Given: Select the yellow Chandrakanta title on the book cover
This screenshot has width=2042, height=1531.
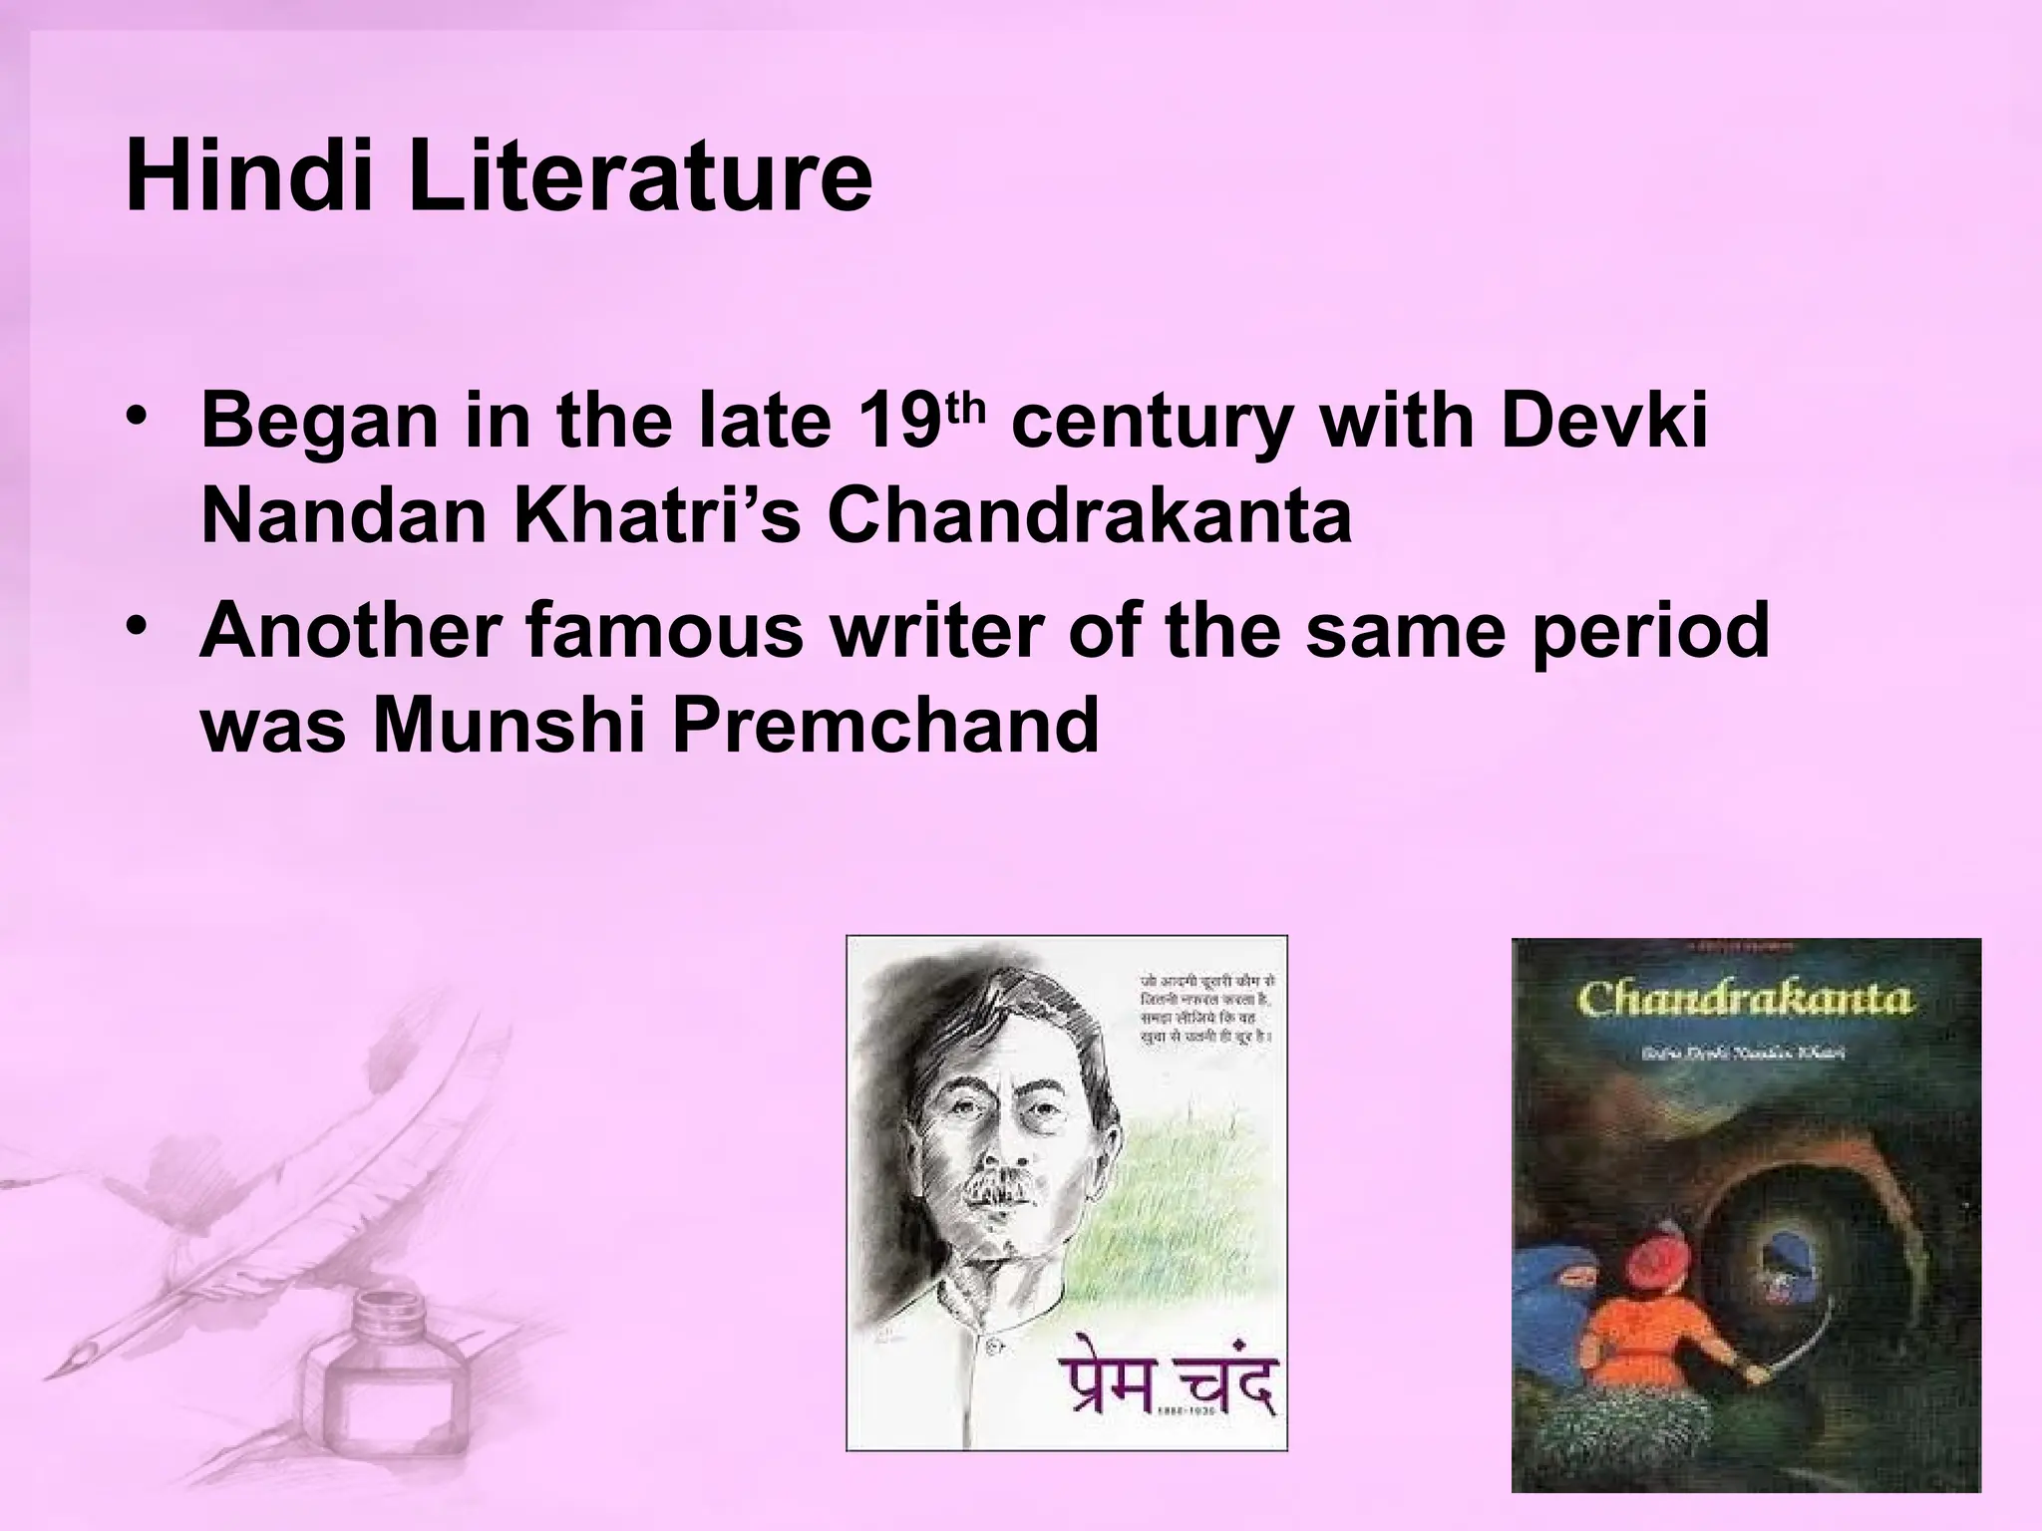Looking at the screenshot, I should pyautogui.click(x=1746, y=1000).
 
